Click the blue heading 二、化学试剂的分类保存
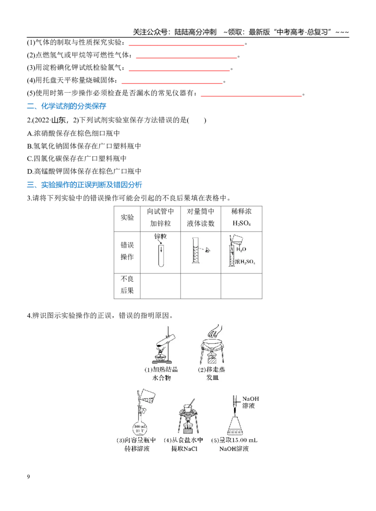(66, 106)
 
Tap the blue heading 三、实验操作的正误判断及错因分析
(84, 185)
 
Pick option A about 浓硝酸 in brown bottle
(74, 133)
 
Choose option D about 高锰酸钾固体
(84, 171)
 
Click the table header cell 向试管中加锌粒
(160, 217)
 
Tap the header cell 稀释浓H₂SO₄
(241, 217)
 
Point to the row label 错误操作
(127, 251)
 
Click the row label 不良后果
(127, 285)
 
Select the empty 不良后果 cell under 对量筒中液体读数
(201, 286)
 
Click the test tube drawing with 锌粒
(161, 255)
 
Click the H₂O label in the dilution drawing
(241, 249)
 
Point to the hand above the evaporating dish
(215, 331)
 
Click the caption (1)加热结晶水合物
(162, 374)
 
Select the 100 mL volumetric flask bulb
(140, 428)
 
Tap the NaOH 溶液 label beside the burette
(251, 402)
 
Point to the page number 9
(28, 477)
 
